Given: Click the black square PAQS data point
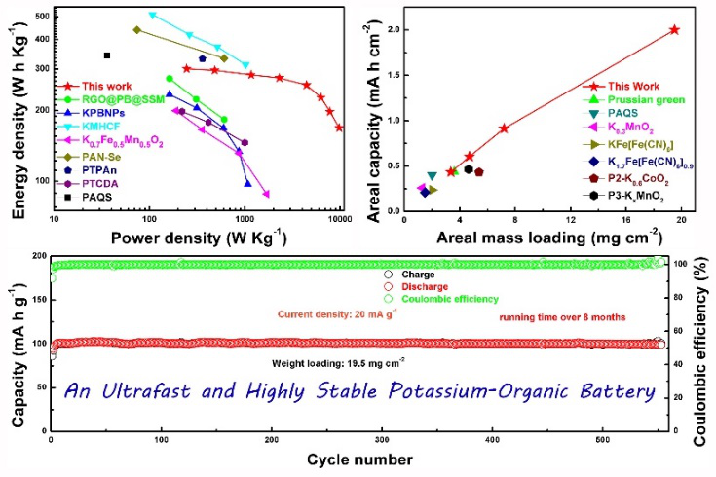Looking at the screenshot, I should coord(107,55).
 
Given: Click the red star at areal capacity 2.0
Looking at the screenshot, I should coord(674,30).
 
